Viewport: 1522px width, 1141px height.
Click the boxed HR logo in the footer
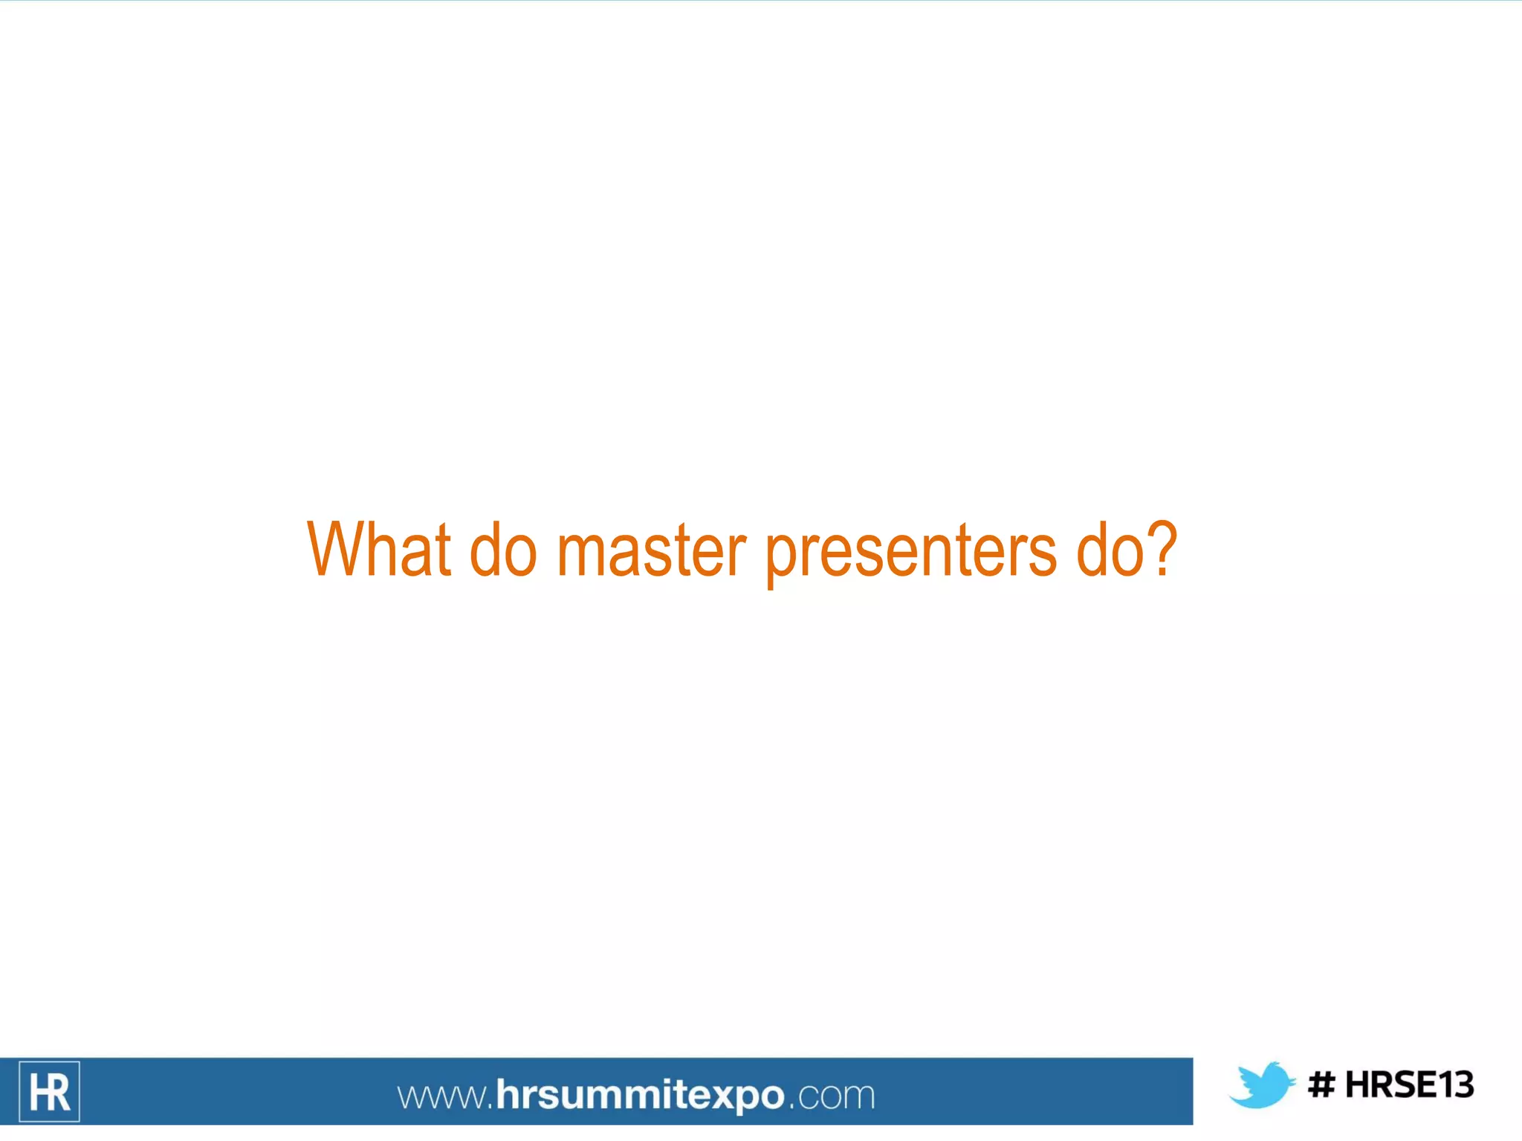click(49, 1091)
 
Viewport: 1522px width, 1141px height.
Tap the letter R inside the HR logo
click(59, 1093)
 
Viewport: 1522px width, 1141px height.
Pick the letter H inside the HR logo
click(37, 1093)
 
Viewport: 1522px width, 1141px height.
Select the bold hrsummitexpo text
click(639, 1096)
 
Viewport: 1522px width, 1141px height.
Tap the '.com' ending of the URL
click(832, 1096)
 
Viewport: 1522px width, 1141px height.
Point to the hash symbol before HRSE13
click(1321, 1085)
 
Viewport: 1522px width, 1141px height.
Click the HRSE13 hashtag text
click(1409, 1085)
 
